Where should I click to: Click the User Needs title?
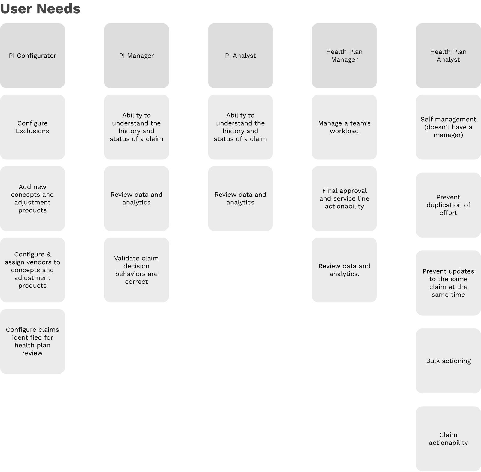point(40,9)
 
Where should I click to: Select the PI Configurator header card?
point(32,56)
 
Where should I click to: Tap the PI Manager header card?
point(136,56)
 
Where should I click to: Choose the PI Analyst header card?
point(240,56)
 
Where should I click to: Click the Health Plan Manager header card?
point(344,56)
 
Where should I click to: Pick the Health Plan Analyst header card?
point(448,56)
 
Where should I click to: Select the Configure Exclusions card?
point(32,127)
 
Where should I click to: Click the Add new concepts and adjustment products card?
point(32,198)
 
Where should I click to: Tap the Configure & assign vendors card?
point(32,270)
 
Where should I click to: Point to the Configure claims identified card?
point(32,341)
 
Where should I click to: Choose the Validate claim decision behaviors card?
point(136,270)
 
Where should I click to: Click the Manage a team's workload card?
point(344,127)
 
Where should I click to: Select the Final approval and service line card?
point(344,198)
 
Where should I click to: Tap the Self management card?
point(448,127)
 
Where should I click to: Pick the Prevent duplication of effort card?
point(448,205)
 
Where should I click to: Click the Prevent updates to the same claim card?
point(448,283)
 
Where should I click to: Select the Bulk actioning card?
point(448,361)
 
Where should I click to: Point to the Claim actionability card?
point(448,439)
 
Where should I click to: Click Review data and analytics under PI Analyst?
point(240,198)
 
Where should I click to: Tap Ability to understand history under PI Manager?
point(136,127)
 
